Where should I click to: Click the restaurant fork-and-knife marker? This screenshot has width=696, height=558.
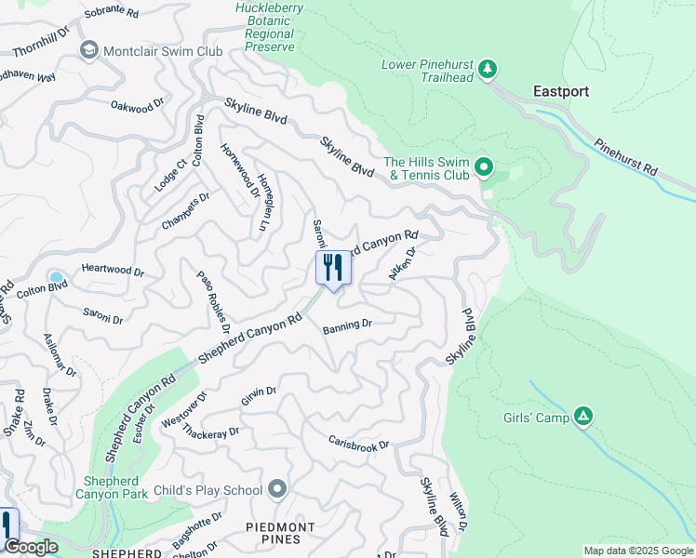coord(333,268)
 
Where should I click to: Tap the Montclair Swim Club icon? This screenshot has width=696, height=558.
coord(90,50)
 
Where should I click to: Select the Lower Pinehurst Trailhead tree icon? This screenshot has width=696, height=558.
coord(486,69)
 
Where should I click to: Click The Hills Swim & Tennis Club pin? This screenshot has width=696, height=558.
coord(483,167)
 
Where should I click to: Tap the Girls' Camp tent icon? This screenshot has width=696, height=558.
coord(582,417)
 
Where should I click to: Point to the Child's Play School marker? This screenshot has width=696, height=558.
coord(277,489)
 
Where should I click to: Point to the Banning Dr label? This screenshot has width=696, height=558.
coord(347,325)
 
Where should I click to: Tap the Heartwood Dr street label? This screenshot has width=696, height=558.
coord(113,272)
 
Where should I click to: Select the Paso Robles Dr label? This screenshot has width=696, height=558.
coord(213,301)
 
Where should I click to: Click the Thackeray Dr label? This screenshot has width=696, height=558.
coord(211,432)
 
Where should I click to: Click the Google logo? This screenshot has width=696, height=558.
coord(31,547)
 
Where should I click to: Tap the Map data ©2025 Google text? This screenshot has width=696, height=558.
coord(637,551)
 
